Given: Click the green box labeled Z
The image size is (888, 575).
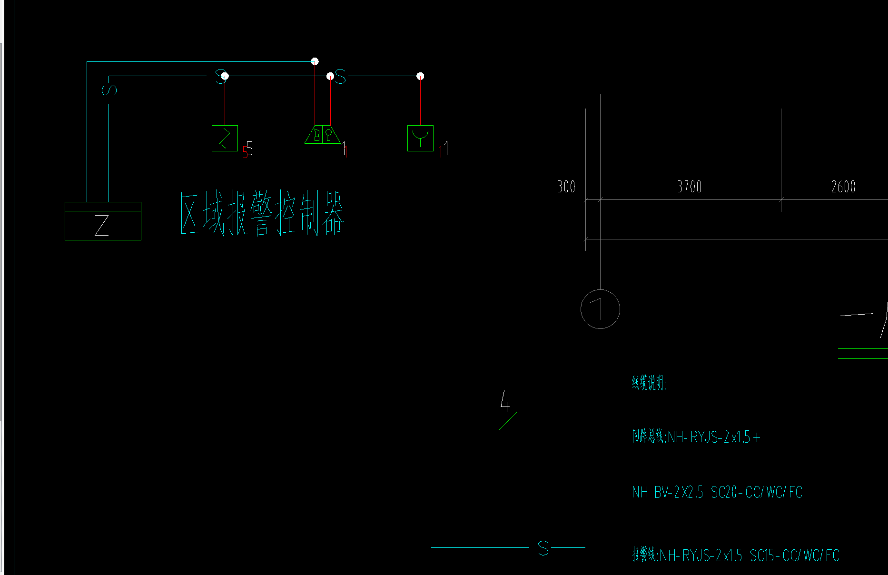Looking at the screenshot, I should click(x=103, y=221).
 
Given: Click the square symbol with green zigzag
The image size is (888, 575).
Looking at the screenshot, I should click(x=225, y=138).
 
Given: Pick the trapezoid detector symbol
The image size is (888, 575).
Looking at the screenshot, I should click(x=322, y=134).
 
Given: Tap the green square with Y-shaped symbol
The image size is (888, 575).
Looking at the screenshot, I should click(x=420, y=138).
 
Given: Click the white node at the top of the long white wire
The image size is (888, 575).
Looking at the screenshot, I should click(x=315, y=61).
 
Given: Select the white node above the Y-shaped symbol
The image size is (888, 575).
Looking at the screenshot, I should click(x=420, y=76).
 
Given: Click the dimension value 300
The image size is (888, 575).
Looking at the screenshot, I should click(x=566, y=187).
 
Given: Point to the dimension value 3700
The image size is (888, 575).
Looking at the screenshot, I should click(x=689, y=187).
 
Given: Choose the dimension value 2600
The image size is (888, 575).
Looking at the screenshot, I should click(x=843, y=187).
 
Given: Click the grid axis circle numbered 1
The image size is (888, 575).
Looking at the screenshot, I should click(x=600, y=309).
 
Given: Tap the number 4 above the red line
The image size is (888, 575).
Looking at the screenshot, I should click(x=505, y=401).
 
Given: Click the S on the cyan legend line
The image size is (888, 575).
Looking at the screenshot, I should click(x=543, y=548).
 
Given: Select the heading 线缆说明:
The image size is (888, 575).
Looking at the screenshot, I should click(x=649, y=383).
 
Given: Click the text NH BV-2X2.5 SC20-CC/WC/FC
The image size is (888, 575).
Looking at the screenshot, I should click(x=717, y=492).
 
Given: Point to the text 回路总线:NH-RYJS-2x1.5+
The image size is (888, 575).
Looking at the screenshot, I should click(x=696, y=437).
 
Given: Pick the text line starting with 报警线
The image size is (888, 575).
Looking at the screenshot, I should click(x=735, y=555).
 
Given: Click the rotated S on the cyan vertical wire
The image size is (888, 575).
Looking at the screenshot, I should click(x=109, y=89).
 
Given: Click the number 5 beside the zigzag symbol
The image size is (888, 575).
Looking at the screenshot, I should click(x=249, y=149).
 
